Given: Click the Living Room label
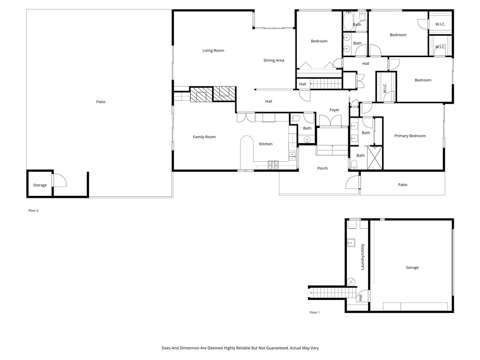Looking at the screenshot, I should coord(213,51).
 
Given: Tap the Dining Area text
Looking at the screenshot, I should coord(274,60).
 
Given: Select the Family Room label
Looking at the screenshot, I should coord(204,137).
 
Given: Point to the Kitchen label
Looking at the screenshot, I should coord(266,144).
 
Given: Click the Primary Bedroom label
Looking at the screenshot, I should coord(410,136).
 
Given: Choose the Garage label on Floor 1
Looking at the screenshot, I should coord(412,268).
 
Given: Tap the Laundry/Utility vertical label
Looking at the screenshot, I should coord(362,257).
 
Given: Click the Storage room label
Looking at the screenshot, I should coord(40,185).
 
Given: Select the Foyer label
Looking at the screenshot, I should coord(334,110).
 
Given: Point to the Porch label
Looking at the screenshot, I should coord(322,168).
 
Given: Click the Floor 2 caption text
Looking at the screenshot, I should coord(33,210).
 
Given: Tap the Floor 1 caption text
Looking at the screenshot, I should coord(315,312).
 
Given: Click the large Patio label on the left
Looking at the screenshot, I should coord(101,102).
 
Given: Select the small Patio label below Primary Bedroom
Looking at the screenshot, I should coord(403,185).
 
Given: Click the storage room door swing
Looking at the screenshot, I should coord(60,180).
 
